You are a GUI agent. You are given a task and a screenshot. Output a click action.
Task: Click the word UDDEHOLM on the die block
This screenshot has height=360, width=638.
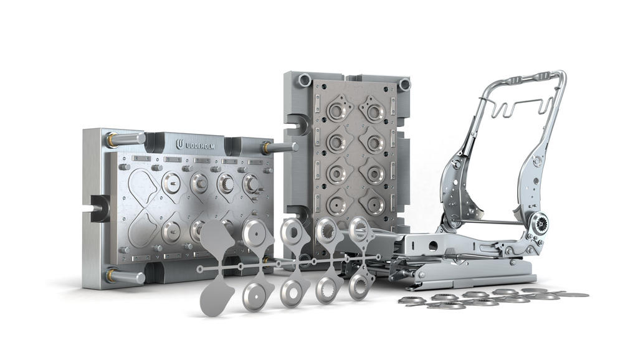tap(200, 146)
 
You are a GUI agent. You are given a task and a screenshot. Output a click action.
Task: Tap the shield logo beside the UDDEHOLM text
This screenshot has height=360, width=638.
tap(179, 144)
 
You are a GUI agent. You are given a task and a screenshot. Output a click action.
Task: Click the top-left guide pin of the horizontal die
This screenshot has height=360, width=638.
tap(125, 139)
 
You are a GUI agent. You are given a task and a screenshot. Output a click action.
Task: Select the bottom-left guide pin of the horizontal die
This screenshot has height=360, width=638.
tap(125, 277)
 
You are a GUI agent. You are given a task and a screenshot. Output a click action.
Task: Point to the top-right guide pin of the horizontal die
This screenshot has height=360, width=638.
tap(280, 147)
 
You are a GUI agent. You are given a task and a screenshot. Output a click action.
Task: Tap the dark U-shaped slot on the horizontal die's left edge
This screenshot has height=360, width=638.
tap(99, 207)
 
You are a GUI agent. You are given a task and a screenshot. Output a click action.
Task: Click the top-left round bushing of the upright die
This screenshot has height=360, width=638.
tap(305, 80)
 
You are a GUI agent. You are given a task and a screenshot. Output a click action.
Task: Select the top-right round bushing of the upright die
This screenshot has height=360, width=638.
tap(404, 85)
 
